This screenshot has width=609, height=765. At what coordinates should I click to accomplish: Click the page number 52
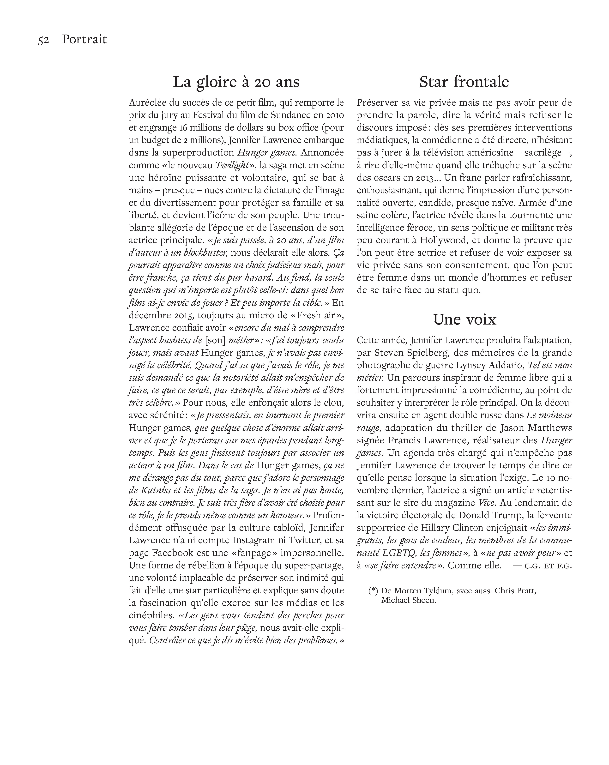(43, 40)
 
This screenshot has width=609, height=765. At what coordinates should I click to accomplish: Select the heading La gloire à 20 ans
(236, 82)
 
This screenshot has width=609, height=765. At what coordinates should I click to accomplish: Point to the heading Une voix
(464, 320)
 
